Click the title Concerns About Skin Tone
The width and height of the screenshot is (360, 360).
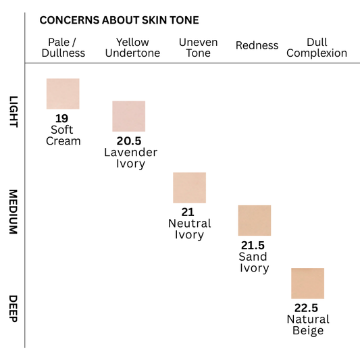point(119,20)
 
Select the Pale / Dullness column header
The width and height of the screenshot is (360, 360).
point(63,47)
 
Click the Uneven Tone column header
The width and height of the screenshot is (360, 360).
point(198,47)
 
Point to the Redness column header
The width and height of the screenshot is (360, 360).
point(257,45)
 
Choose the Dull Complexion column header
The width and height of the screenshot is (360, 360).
point(317,47)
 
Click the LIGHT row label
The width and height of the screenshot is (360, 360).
point(14,111)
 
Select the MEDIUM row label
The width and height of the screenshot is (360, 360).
point(14,211)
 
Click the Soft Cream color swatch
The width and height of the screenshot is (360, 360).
point(63,93)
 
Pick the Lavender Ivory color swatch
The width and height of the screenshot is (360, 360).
point(128,115)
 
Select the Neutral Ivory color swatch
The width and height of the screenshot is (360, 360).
point(189,187)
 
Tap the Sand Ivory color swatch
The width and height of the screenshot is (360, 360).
point(254,220)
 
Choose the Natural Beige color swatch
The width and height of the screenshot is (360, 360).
point(307,283)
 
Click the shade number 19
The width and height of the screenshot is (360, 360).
point(62,118)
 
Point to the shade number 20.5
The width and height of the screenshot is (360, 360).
point(129,140)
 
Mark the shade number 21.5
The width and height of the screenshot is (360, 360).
point(253,245)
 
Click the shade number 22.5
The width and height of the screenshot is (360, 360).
point(307,307)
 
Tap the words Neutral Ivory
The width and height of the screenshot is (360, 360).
point(189,229)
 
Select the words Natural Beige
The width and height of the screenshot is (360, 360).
point(308,325)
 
